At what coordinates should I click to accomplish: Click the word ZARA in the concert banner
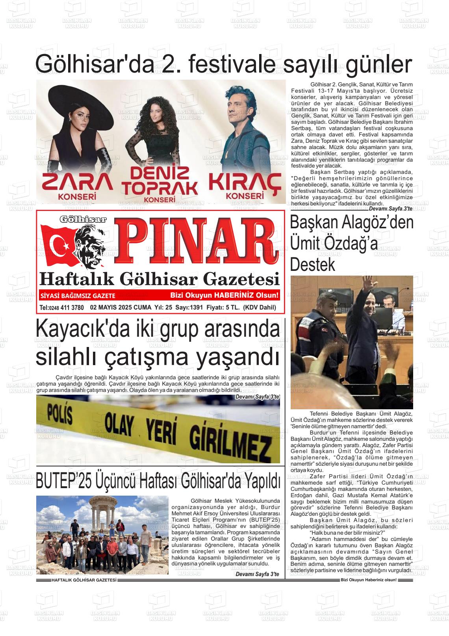pos(77,182)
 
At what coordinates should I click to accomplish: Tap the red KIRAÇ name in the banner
pos(245,183)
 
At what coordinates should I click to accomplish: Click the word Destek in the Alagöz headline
pos(312,265)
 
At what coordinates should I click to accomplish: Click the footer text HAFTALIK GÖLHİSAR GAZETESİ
pos(84,580)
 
